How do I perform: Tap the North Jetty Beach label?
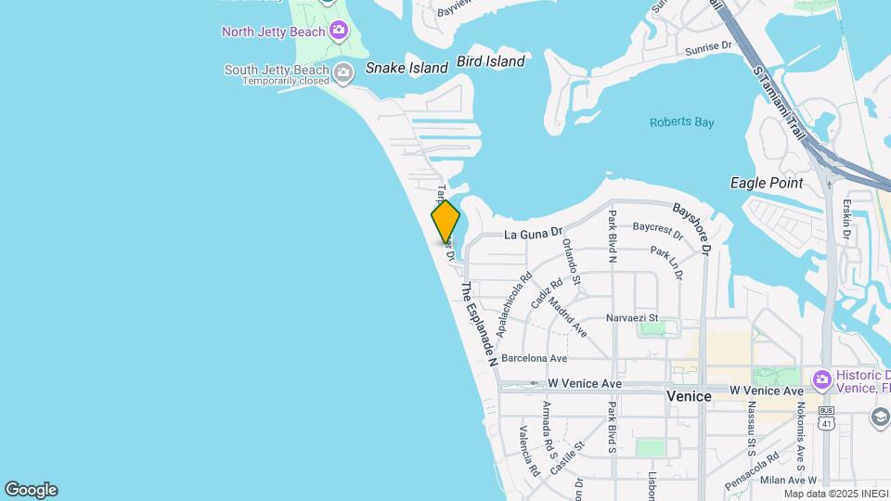[274, 32]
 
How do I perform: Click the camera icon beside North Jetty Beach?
[339, 32]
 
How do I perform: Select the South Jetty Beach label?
[277, 71]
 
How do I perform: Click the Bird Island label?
[490, 62]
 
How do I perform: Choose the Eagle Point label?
[767, 183]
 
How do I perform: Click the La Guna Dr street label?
[534, 236]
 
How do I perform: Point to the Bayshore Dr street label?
[692, 229]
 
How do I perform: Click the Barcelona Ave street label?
[534, 358]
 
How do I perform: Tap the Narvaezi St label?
[631, 318]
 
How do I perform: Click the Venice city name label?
[690, 396]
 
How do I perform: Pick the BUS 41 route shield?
[826, 419]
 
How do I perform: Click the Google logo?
[31, 489]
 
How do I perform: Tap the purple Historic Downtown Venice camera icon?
[820, 379]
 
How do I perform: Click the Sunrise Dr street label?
[708, 48]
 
